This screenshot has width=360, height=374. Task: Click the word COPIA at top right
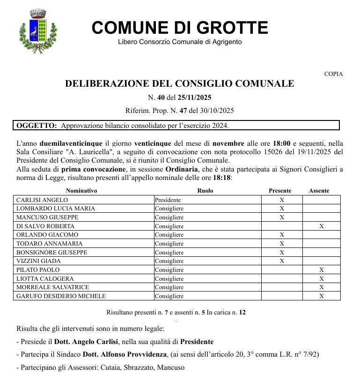pyautogui.click(x=333, y=74)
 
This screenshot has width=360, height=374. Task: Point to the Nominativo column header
pyautogui.click(x=81, y=191)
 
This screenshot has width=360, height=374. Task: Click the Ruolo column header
pyautogui.click(x=205, y=191)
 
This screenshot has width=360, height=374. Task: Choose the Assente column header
pyautogui.click(x=319, y=191)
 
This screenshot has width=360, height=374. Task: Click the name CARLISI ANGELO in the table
pyautogui.click(x=42, y=200)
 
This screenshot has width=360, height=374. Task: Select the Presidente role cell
pyautogui.click(x=168, y=200)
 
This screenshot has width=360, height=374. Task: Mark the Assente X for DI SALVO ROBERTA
pyautogui.click(x=321, y=226)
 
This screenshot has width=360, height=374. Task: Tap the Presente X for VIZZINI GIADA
pyautogui.click(x=282, y=261)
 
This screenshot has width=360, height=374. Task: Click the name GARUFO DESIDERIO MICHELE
pyautogui.click(x=61, y=296)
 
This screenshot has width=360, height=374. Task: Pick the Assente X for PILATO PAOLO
pyautogui.click(x=321, y=270)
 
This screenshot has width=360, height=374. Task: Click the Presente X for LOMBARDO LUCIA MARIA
pyautogui.click(x=282, y=209)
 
